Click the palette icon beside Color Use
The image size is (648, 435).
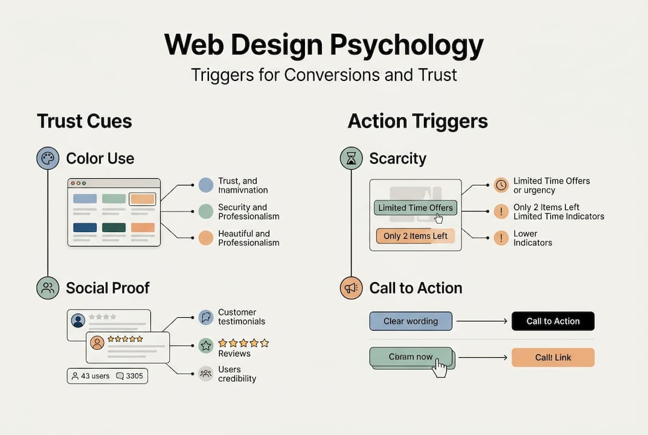click(x=48, y=158)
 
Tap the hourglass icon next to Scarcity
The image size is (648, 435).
click(x=351, y=158)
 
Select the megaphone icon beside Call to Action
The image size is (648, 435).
click(x=351, y=288)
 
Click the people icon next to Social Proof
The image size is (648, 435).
click(x=48, y=288)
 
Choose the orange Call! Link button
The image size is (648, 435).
click(x=553, y=358)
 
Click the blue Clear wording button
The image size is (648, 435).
click(x=411, y=321)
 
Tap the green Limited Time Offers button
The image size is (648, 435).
click(x=415, y=208)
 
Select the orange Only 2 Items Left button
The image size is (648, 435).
click(x=415, y=236)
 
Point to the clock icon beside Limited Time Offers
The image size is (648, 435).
click(x=501, y=185)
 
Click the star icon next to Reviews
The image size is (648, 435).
click(x=206, y=346)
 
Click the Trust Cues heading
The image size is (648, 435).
click(x=84, y=121)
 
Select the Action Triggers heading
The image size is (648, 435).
click(x=417, y=121)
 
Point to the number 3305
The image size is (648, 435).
click(x=134, y=376)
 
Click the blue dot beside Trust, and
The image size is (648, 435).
click(x=206, y=185)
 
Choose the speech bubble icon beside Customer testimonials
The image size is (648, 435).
click(x=206, y=317)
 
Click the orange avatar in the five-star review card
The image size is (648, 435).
click(x=97, y=343)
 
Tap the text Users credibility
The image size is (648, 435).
click(x=237, y=374)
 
